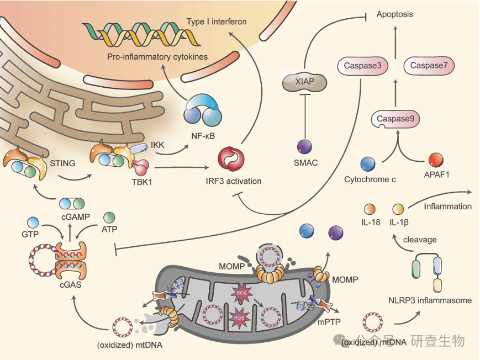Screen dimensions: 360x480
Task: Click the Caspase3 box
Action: [x=362, y=67]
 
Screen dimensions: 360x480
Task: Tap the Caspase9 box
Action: [x=395, y=119]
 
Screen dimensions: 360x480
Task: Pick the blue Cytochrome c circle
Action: [x=368, y=163]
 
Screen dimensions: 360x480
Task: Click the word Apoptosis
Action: [x=394, y=14]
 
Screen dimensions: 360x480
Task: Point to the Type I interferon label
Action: [x=216, y=22]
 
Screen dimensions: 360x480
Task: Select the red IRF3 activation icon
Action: [x=230, y=157]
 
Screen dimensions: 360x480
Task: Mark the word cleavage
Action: [x=420, y=240]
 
